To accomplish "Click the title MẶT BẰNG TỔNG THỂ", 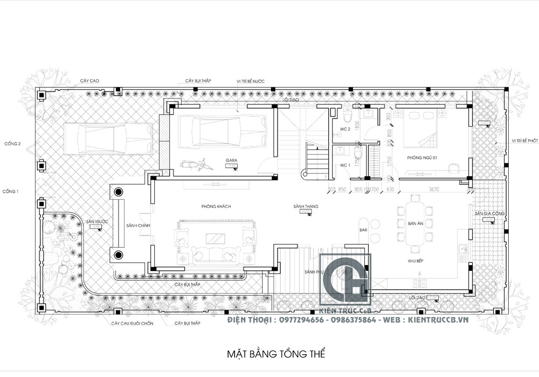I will coord(275,354).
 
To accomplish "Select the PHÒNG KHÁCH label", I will coord(213,206).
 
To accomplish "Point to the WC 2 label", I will coord(345,129).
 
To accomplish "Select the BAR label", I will coord(370,231).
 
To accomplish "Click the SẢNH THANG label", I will coord(303,206).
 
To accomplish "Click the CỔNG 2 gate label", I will coord(12,144).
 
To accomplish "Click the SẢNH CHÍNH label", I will coord(137,225).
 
